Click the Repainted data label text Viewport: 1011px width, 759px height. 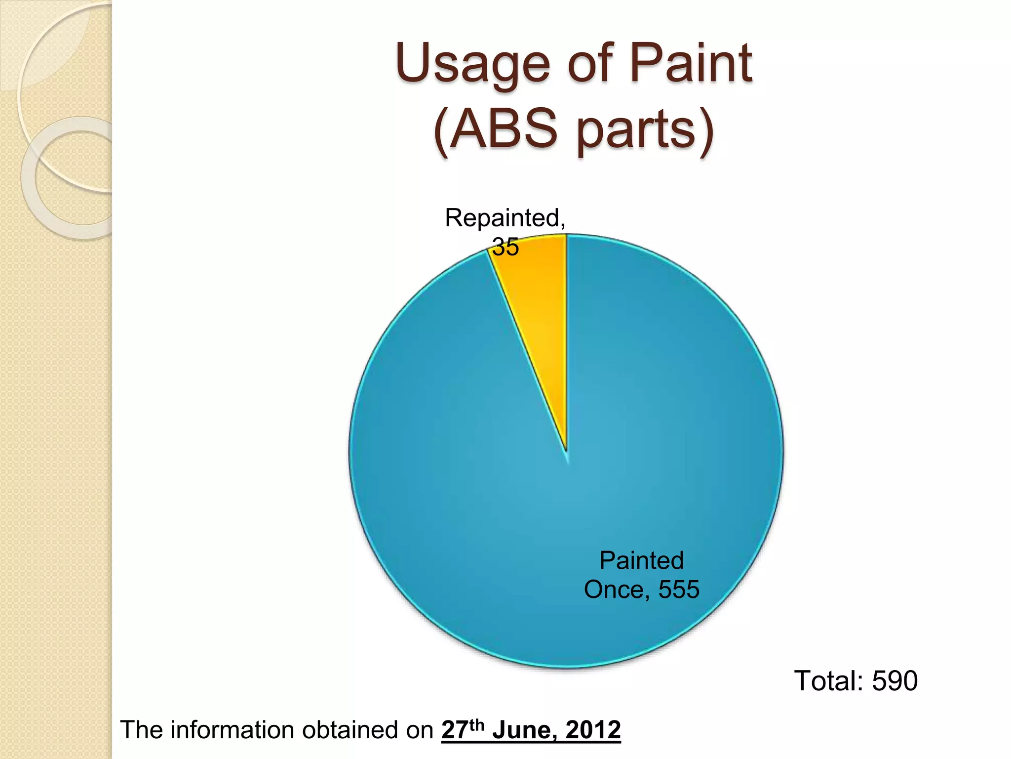[505, 218]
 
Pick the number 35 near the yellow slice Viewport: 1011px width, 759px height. [505, 247]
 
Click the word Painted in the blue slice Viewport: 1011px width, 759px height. [641, 561]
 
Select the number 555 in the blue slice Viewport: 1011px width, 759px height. [679, 590]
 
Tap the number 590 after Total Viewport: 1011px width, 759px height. [894, 681]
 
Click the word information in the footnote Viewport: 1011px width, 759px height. [234, 730]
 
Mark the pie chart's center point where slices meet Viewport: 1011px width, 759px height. [567, 452]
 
